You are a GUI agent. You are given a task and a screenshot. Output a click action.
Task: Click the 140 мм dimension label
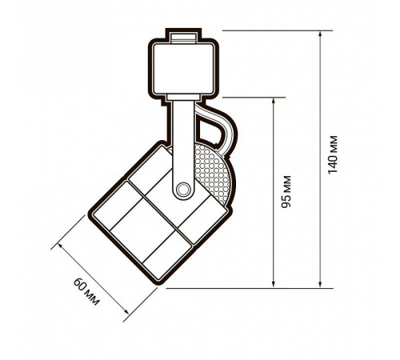tap(333, 154)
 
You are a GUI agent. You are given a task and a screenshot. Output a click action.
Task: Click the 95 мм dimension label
tap(286, 191)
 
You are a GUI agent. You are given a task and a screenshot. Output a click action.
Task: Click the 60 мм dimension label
tap(86, 291)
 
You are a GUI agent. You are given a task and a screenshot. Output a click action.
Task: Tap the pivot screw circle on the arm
tap(183, 190)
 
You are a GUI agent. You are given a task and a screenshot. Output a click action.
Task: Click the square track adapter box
tap(184, 69)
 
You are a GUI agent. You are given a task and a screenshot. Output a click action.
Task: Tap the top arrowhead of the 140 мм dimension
tap(320, 34)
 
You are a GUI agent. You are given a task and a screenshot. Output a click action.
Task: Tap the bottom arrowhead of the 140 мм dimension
tap(320, 284)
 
